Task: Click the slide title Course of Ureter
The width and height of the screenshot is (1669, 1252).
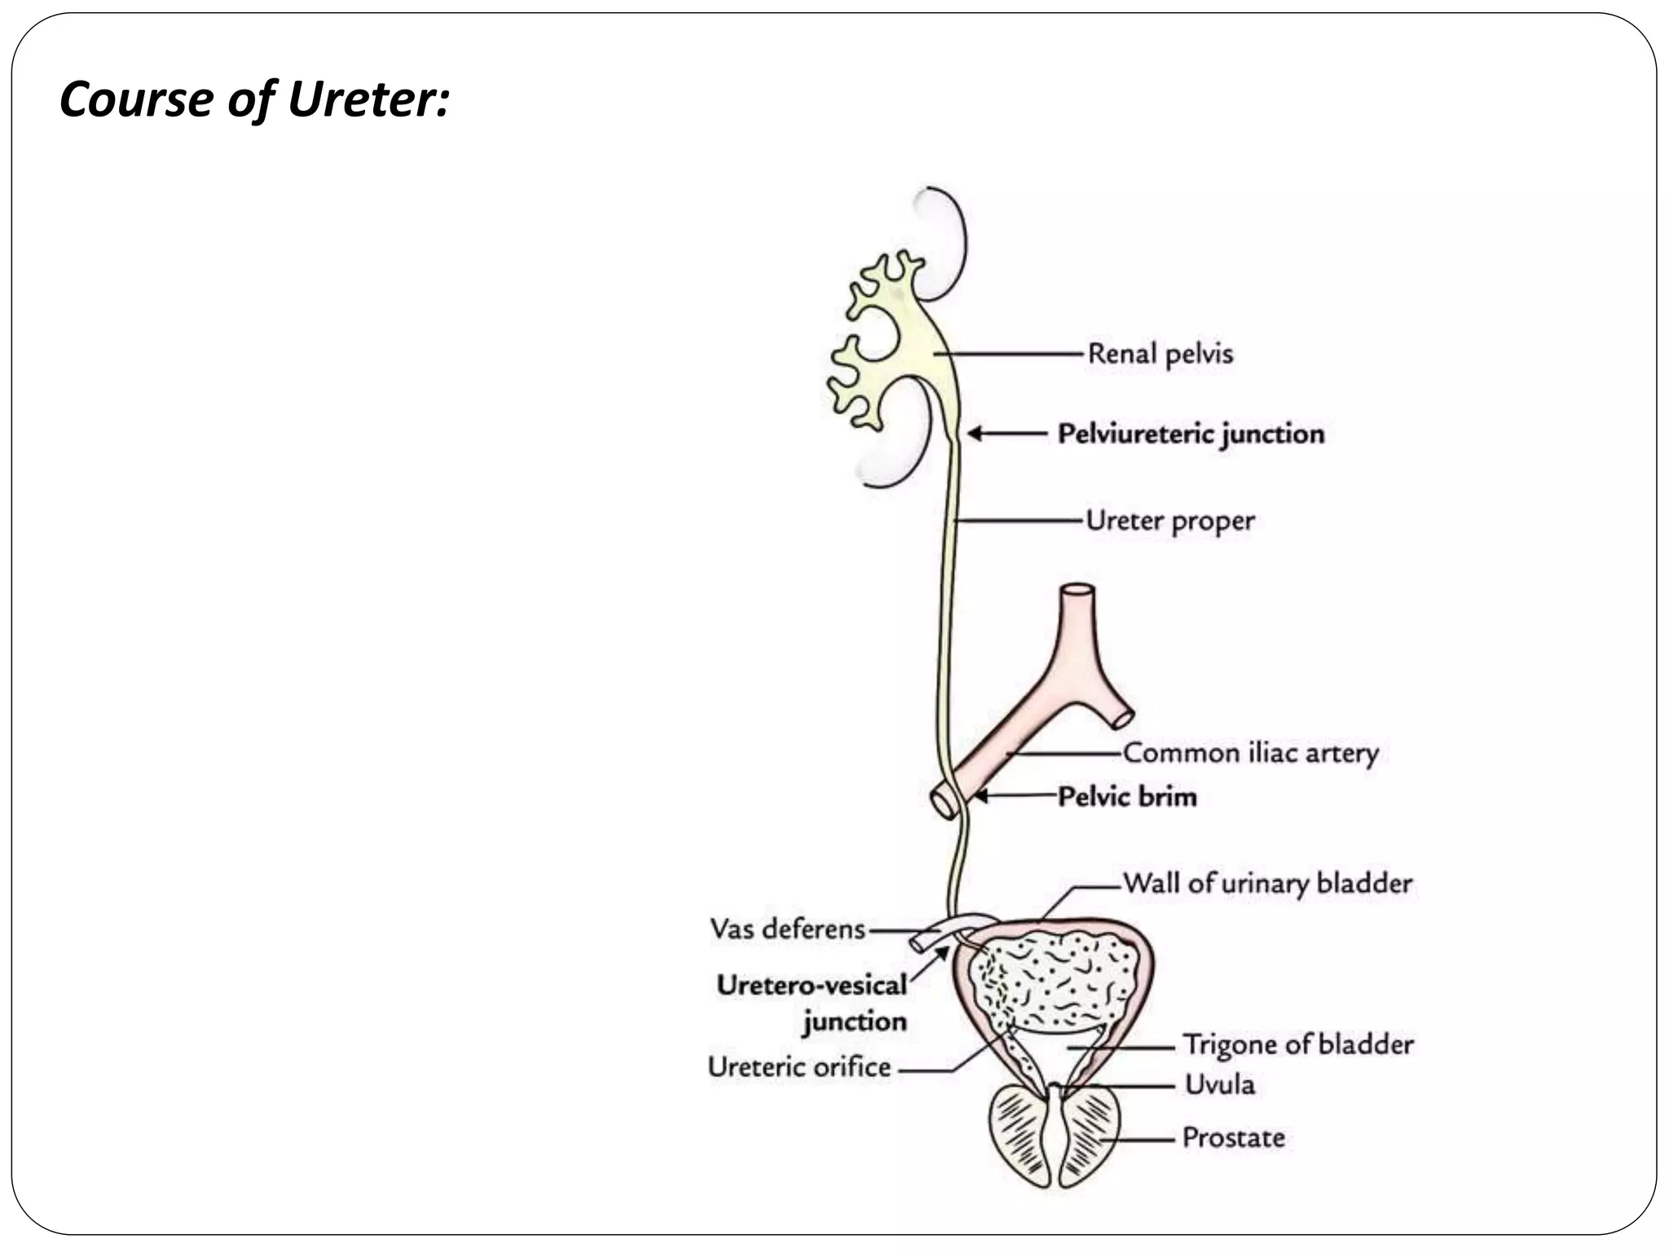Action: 254,99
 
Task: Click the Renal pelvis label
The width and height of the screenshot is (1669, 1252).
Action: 1160,354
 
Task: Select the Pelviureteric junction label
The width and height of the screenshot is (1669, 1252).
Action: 1191,434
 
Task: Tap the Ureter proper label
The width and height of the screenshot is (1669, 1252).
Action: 1170,520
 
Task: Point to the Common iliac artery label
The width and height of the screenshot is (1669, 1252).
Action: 1250,752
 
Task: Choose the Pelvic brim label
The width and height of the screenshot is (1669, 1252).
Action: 1127,796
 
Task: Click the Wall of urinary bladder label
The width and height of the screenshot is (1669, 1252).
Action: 1267,883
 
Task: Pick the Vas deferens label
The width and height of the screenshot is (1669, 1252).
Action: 787,928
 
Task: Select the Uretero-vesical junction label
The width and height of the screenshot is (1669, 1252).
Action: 812,1003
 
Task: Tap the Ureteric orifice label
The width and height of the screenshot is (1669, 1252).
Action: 799,1067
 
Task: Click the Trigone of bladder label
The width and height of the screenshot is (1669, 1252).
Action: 1298,1044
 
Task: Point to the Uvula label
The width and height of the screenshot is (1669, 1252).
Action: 1219,1084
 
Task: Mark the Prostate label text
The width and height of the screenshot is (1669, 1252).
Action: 1233,1137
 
